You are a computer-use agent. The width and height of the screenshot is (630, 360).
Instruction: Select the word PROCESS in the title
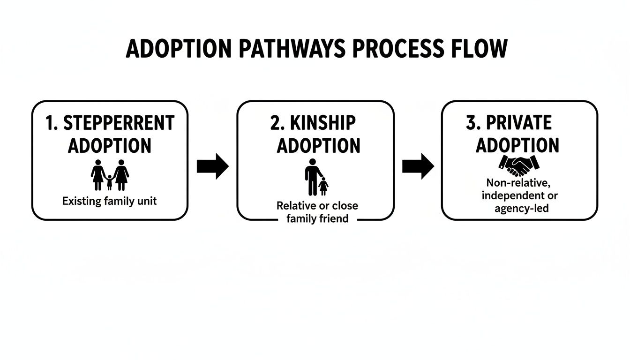pyautogui.click(x=398, y=49)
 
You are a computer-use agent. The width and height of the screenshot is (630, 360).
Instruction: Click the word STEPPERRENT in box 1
pyautogui.click(x=119, y=123)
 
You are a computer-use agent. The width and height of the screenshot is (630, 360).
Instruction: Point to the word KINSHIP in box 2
pyautogui.click(x=323, y=123)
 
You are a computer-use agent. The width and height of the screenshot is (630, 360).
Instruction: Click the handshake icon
pyautogui.click(x=519, y=165)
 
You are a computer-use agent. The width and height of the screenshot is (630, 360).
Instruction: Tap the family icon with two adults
pyautogui.click(x=110, y=175)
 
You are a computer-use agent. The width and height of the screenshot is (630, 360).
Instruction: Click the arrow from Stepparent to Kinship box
pyautogui.click(x=212, y=166)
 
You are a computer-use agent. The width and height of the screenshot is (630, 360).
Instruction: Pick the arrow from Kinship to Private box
pyautogui.click(x=418, y=166)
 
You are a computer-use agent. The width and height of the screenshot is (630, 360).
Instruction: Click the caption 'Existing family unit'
pyautogui.click(x=109, y=202)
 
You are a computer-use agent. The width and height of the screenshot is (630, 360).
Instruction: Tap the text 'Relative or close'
pyautogui.click(x=317, y=205)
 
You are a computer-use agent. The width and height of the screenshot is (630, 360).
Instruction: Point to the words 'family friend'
pyautogui.click(x=317, y=218)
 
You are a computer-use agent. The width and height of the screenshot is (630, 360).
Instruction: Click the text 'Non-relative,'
pyautogui.click(x=519, y=182)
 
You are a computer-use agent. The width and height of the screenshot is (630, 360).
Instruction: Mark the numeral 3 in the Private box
pyautogui.click(x=471, y=123)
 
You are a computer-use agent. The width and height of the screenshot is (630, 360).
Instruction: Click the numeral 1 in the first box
pyautogui.click(x=51, y=123)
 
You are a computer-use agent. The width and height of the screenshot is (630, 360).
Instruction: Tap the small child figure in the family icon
pyautogui.click(x=109, y=182)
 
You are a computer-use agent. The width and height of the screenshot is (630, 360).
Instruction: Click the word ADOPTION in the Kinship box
pyautogui.click(x=318, y=145)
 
